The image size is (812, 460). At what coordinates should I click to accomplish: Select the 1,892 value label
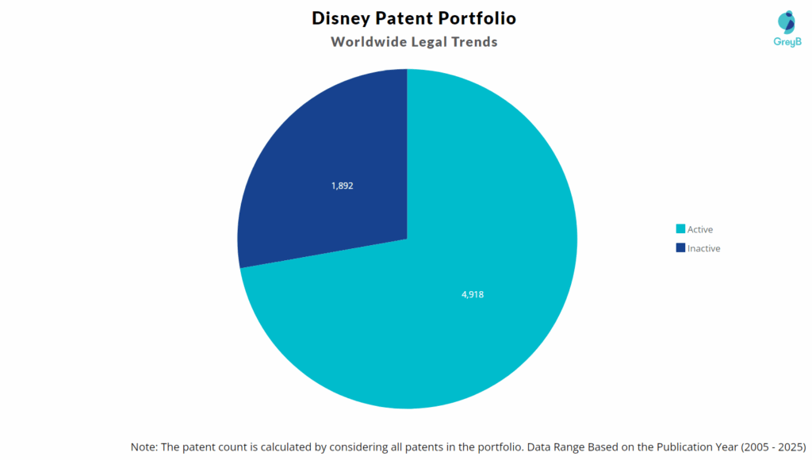[x=342, y=186]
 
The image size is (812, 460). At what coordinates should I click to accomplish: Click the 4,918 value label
[x=472, y=294]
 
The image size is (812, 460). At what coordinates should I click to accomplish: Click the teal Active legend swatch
[x=680, y=229]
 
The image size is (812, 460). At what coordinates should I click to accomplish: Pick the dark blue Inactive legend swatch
[x=680, y=248]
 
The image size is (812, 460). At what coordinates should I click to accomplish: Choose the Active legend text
[x=700, y=229]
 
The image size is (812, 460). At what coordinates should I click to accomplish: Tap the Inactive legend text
[x=704, y=248]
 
